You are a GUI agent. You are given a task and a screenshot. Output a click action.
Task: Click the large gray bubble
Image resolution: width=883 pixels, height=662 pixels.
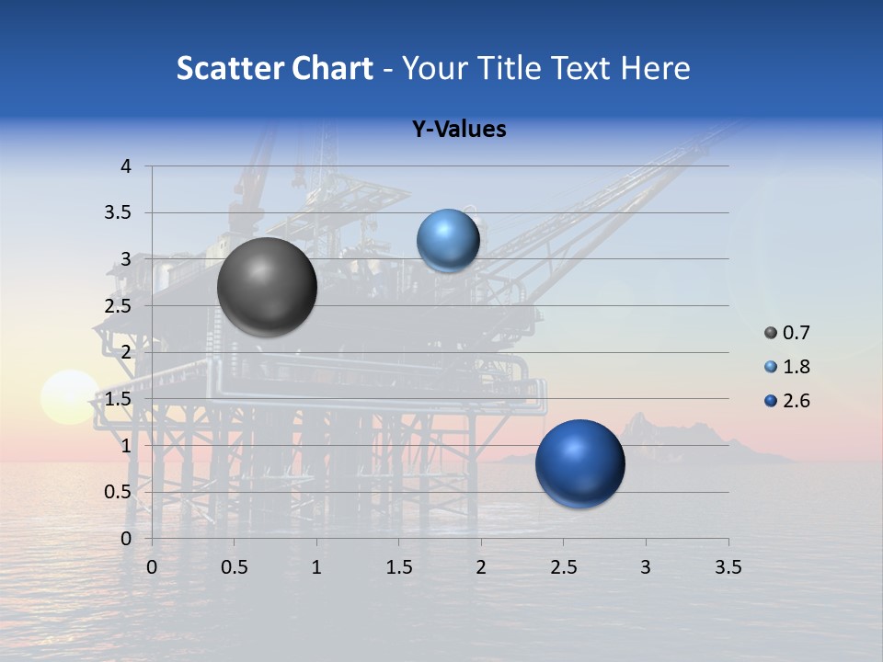pos(267,287)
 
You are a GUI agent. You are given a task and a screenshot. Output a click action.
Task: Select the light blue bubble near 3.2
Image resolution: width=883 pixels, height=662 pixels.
pos(448,240)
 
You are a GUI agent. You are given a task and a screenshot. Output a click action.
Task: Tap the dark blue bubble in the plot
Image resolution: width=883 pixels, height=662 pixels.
pos(579,463)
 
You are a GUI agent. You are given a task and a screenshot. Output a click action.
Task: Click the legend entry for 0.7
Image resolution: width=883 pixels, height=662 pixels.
pos(787,333)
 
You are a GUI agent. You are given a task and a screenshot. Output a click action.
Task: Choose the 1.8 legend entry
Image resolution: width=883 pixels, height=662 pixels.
pos(787,367)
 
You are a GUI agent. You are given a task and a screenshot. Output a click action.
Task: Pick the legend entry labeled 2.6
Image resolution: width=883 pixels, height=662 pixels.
pos(787,401)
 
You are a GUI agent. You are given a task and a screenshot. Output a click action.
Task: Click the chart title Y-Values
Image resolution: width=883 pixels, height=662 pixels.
pos(459,130)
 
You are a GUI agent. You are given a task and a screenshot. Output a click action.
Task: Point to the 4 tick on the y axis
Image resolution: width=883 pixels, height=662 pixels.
pos(126,166)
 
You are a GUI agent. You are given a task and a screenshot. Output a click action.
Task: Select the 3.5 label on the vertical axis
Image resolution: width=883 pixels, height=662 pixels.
pos(120,212)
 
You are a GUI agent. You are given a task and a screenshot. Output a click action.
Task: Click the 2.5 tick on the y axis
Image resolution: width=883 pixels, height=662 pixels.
pos(120,306)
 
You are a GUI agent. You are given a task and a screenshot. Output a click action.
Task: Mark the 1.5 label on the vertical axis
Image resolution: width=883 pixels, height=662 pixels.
pos(120,399)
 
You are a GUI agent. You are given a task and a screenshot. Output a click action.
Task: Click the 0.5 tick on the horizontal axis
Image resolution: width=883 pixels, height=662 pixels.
pos(234,567)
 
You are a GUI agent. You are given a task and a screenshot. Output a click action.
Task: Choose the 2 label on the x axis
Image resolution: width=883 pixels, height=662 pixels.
pos(481,567)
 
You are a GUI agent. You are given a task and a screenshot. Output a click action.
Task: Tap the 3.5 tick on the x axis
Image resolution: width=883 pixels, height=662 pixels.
pos(728,567)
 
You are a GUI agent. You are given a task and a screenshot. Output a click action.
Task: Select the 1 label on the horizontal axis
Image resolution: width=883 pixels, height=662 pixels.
pos(316,567)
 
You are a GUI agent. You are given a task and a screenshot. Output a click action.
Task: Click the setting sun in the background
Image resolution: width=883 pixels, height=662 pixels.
pos(70,397)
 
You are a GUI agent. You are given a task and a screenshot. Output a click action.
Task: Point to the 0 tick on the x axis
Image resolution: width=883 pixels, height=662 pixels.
pos(152,567)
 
